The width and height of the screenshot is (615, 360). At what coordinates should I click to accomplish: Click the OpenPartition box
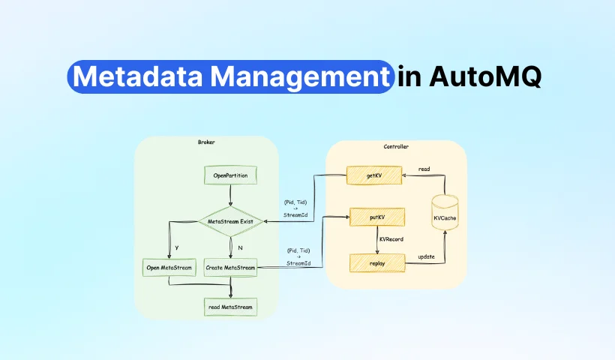231,176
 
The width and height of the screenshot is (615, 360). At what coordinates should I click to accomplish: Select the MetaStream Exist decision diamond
231,221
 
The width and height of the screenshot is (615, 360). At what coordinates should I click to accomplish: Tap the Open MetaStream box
168,267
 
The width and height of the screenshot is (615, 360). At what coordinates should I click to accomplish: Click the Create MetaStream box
231,267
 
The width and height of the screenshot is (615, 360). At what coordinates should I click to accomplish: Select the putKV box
376,217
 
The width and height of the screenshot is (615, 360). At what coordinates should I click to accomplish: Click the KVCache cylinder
446,217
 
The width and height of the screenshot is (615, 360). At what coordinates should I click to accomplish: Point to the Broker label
206,142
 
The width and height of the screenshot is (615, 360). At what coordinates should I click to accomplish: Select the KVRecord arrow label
391,239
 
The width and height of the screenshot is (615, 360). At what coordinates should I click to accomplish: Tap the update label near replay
425,256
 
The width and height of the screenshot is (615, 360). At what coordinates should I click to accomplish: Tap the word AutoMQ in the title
484,77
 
